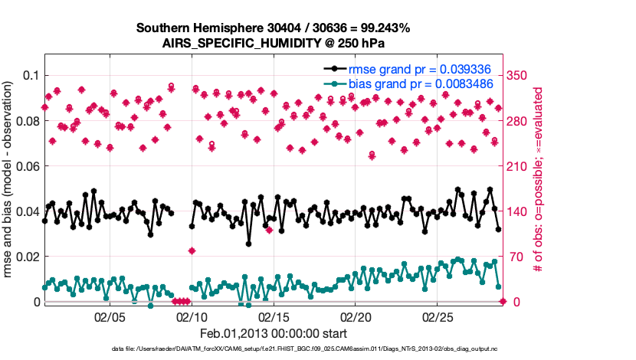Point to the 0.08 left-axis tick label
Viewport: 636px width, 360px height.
click(x=28, y=120)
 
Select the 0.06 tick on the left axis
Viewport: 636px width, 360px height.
click(x=28, y=165)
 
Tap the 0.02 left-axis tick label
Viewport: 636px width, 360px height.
click(x=28, y=256)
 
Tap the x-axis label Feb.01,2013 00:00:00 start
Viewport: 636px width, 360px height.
click(x=273, y=333)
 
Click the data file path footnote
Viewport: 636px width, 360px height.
click(x=273, y=349)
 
